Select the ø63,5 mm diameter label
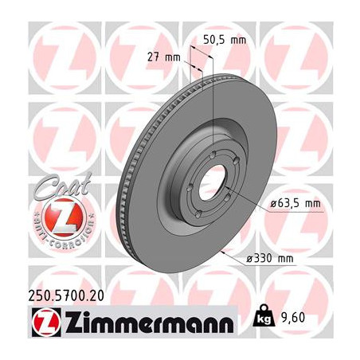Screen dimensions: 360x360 (x=295, y=204)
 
